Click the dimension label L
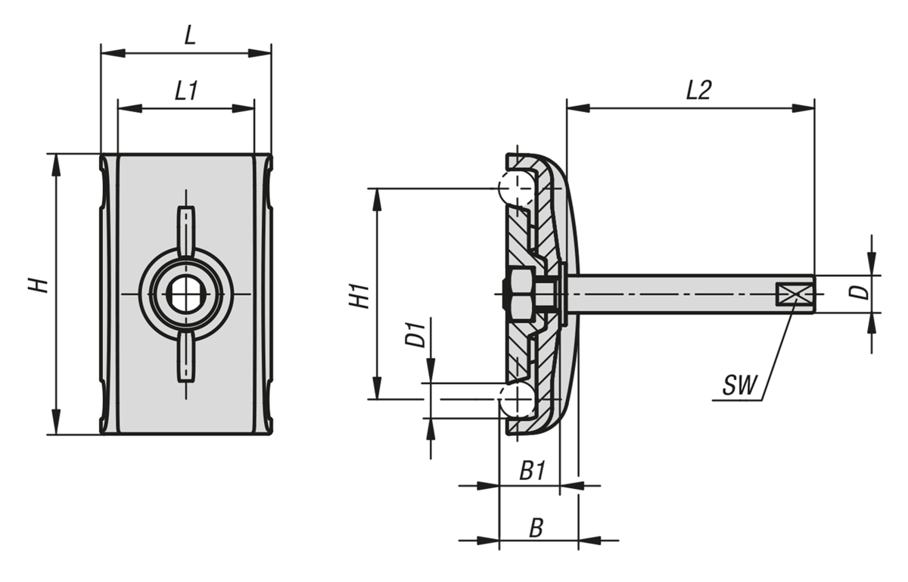click(x=190, y=36)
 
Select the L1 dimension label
click(x=186, y=92)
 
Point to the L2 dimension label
click(x=698, y=91)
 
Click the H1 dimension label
click(x=361, y=295)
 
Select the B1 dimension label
click(x=532, y=472)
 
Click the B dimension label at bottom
click(x=536, y=528)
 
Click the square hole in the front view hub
click(x=185, y=294)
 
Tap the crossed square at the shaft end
click(x=790, y=294)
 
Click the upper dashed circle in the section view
click(x=515, y=188)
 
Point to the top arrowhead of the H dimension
click(x=55, y=163)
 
